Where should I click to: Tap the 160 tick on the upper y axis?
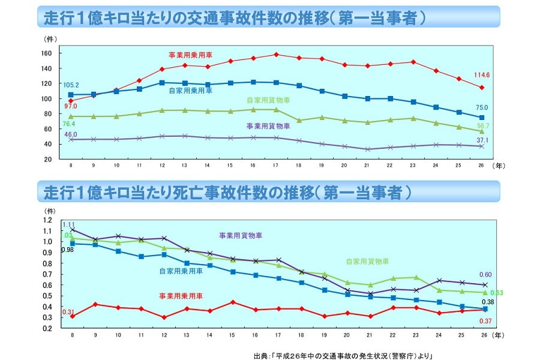pyautogui.click(x=46, y=53)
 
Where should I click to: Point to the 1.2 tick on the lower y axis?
pyautogui.click(x=47, y=220)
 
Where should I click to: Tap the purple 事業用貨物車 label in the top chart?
pyautogui.click(x=268, y=126)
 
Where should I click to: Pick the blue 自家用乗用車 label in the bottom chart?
pyautogui.click(x=181, y=271)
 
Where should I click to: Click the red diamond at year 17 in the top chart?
pyautogui.click(x=276, y=55)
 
